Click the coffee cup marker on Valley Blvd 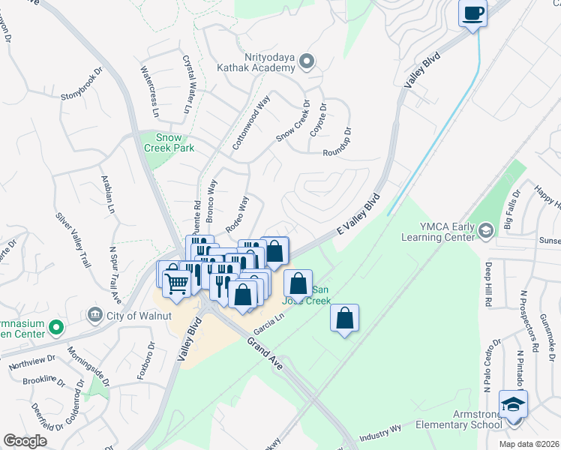point(472,13)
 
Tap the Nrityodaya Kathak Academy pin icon point(306,61)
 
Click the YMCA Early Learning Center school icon point(486,229)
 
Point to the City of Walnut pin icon point(94,313)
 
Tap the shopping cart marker point(176,284)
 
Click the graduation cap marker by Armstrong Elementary point(513,404)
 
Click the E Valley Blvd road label point(358,217)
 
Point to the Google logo point(25,441)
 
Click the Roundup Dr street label point(337,141)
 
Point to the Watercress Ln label point(151,91)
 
